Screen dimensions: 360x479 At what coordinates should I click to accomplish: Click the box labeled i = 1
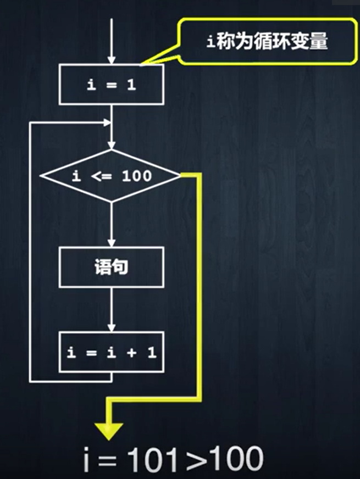coord(112,85)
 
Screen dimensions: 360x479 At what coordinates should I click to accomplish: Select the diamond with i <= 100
coord(112,176)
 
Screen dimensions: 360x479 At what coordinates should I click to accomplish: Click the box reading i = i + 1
coord(112,352)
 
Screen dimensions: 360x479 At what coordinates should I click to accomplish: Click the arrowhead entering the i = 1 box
coord(112,60)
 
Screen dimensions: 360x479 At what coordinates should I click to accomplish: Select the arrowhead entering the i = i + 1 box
coord(112,327)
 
